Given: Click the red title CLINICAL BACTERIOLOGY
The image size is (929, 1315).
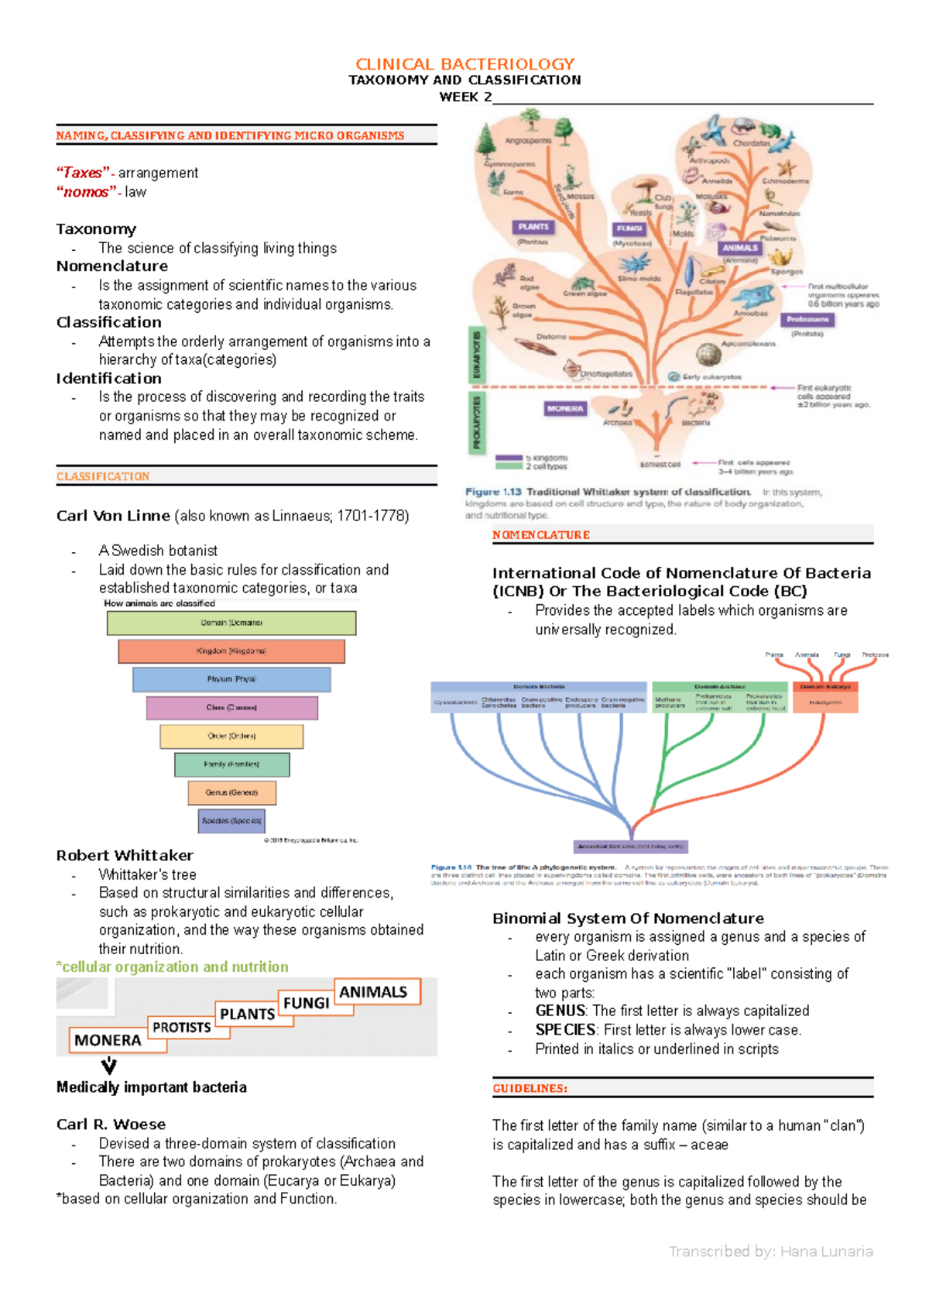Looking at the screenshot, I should tap(464, 64).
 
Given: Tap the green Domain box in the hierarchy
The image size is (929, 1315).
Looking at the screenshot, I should tap(231, 623).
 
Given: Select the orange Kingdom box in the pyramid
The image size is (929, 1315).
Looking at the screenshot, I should tap(231, 651).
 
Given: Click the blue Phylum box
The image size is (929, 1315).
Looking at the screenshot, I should tap(231, 679).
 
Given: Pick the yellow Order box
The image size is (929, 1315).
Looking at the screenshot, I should tap(231, 736).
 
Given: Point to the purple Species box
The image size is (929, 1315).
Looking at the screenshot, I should tap(231, 820).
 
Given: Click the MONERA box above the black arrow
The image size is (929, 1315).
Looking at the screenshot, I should tap(108, 1040).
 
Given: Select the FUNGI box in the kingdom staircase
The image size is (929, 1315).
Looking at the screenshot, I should tap(306, 1003).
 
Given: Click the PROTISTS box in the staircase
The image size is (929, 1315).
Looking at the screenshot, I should tap(182, 1028).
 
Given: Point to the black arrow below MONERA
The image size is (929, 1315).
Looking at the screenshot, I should tap(109, 1066).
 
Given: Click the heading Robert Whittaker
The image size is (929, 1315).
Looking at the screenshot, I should tap(125, 856).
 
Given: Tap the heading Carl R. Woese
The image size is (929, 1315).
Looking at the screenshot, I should tap(111, 1124).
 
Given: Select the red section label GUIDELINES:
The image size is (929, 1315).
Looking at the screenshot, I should tap(530, 1088).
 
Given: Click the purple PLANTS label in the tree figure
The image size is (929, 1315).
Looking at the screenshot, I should tap(533, 227).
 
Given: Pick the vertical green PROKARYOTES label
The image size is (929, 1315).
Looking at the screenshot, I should tap(477, 421).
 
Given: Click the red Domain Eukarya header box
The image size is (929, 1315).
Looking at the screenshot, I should tap(825, 686).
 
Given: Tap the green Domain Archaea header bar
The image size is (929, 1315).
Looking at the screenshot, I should tap(719, 686).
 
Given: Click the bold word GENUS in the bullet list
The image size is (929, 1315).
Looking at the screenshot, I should tap(560, 1011).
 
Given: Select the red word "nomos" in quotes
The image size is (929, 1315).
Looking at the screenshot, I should tap(85, 192).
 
